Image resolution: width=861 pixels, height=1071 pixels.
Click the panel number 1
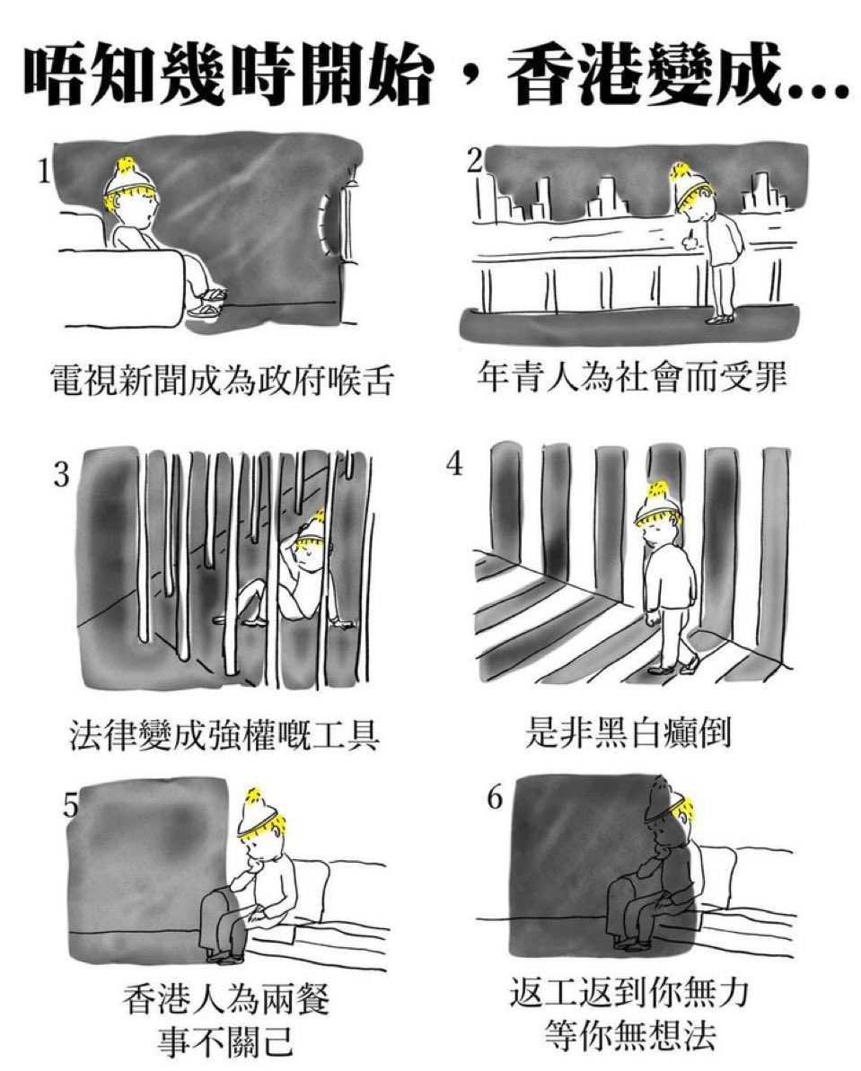[44, 171]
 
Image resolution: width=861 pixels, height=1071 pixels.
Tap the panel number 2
[474, 160]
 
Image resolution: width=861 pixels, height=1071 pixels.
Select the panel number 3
[61, 474]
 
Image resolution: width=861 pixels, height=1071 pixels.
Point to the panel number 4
[454, 464]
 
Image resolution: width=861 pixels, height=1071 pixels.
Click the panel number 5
[70, 806]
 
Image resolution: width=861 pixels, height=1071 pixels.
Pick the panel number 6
[496, 797]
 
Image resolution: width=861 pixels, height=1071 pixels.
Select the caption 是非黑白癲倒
[628, 732]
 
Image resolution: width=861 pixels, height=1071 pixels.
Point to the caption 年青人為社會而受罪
[632, 376]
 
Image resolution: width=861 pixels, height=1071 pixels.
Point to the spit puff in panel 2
[690, 239]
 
